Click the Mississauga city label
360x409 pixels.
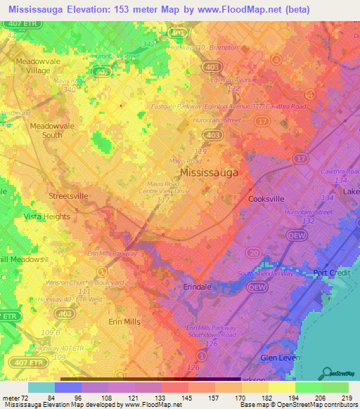click(209, 172)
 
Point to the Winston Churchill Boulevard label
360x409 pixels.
click(75, 283)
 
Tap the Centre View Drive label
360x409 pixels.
click(164, 190)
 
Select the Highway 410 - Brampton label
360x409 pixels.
click(204, 48)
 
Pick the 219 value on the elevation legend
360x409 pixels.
click(343, 398)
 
